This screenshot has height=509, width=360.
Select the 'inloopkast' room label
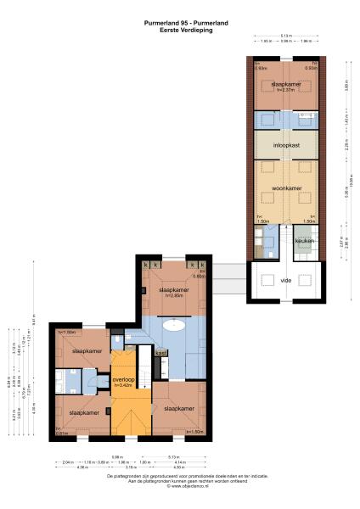[286, 145]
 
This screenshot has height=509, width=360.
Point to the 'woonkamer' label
[286, 188]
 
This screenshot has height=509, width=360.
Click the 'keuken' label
[305, 242]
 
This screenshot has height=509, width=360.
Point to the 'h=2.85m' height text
[176, 295]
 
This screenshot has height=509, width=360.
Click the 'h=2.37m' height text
[285, 91]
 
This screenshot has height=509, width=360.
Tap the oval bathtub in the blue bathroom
[176, 323]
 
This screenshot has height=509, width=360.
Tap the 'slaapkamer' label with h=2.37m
[285, 84]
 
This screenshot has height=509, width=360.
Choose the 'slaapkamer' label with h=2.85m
[177, 288]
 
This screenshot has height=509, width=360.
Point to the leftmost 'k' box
[146, 266]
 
